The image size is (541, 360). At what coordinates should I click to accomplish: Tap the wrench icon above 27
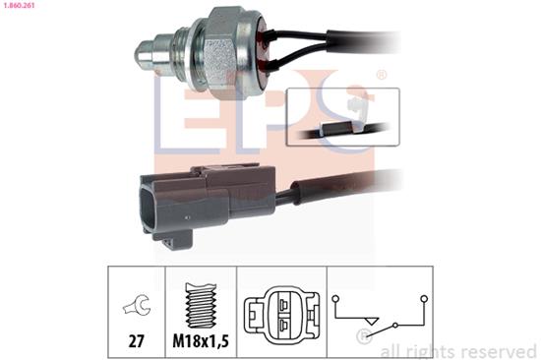point(134,307)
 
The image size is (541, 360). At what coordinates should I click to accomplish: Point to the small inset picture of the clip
point(342,117)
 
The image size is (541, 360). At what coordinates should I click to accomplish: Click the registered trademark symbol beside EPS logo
point(382,75)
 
